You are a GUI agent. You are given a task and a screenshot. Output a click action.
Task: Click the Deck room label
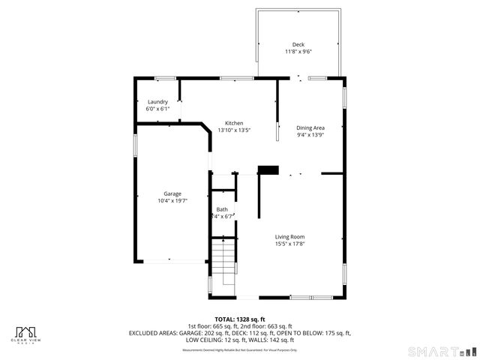point(298,44)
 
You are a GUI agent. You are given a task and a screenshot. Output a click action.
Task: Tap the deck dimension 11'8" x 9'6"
point(298,52)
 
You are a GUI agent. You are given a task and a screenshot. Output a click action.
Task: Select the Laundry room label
point(157,102)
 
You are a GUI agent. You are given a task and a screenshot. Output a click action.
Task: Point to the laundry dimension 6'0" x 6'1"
point(157,109)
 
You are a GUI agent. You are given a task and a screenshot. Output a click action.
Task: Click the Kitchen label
point(234,123)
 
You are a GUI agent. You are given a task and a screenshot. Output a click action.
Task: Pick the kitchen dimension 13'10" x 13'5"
point(234,130)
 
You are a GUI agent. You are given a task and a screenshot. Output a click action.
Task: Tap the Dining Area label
point(310,128)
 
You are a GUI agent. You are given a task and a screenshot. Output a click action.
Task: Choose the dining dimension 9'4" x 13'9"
point(310,136)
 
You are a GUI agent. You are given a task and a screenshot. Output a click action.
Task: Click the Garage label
point(172,193)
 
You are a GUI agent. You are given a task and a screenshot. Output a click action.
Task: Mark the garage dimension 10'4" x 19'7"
point(172,201)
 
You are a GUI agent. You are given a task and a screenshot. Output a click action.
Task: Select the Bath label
point(222,209)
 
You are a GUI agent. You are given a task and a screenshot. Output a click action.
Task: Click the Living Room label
point(289,236)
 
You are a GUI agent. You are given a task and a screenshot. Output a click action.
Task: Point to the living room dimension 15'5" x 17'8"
point(289,244)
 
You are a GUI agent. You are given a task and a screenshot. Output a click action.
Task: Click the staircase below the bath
point(223,266)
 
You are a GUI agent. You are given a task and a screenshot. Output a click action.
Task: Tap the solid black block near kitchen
point(268,170)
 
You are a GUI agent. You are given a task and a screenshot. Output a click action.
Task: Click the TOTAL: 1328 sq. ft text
point(240,319)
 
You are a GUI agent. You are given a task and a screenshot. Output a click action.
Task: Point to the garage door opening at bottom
point(171,260)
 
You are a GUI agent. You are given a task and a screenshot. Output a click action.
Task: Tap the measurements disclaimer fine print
point(240,350)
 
